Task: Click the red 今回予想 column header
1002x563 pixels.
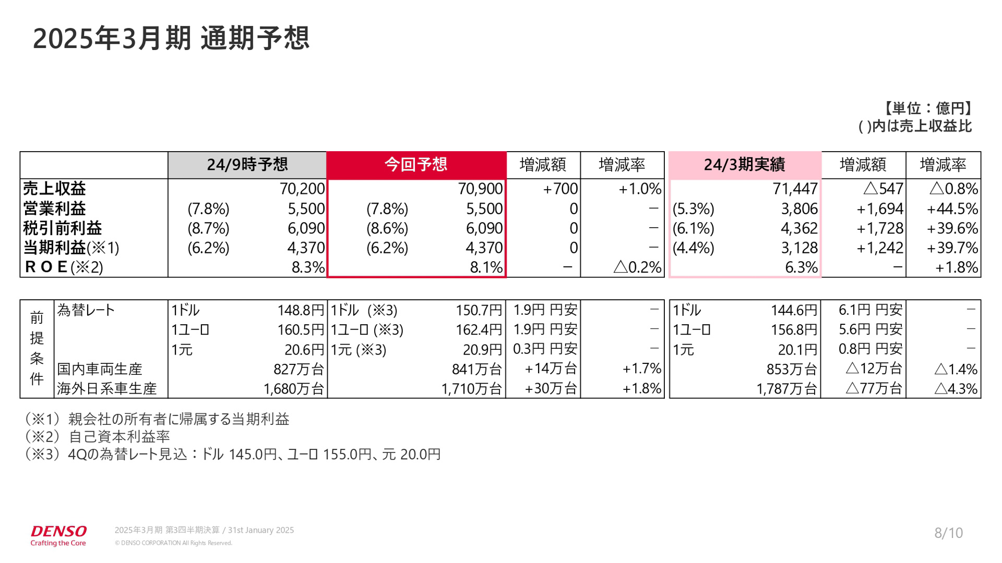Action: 416,165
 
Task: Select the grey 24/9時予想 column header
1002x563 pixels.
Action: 247,165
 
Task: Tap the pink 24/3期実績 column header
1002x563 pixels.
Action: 744,165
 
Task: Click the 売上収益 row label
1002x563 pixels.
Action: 54,188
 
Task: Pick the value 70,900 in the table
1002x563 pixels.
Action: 480,189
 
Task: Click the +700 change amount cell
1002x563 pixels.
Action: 560,189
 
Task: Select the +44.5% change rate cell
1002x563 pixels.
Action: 952,209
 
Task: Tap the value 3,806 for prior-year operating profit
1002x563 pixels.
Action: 799,209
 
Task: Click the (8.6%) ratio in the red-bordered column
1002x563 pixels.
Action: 387,228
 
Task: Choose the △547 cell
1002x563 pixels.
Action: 883,189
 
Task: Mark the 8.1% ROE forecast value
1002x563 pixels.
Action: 486,267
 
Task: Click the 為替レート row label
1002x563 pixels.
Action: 86,310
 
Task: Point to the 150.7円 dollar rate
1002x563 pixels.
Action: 479,310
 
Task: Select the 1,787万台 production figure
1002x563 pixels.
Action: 786,389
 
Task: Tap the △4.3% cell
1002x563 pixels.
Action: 956,389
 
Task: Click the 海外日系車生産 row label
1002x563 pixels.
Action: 106,389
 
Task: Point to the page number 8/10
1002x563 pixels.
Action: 948,533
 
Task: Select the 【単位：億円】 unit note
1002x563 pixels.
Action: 927,108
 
